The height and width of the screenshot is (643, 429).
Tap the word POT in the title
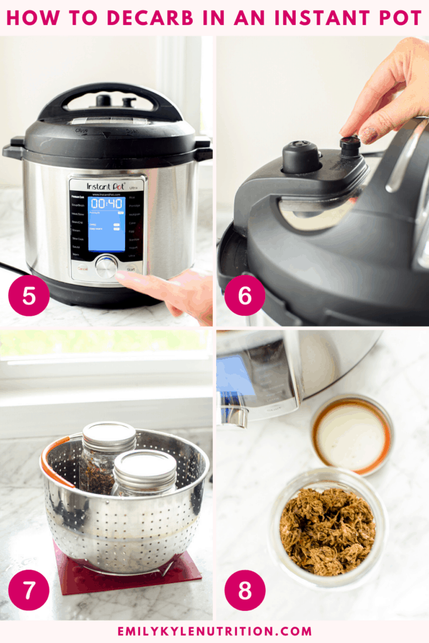click(399, 18)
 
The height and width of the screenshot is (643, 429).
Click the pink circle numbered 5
click(29, 296)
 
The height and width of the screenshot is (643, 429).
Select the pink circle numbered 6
click(244, 296)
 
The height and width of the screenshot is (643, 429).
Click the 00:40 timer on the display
click(107, 204)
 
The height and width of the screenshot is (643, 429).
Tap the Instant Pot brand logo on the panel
click(107, 186)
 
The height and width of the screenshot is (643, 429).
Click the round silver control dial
click(106, 267)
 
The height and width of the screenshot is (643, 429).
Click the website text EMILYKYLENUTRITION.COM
click(214, 630)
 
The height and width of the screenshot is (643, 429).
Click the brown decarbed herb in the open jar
click(327, 529)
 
